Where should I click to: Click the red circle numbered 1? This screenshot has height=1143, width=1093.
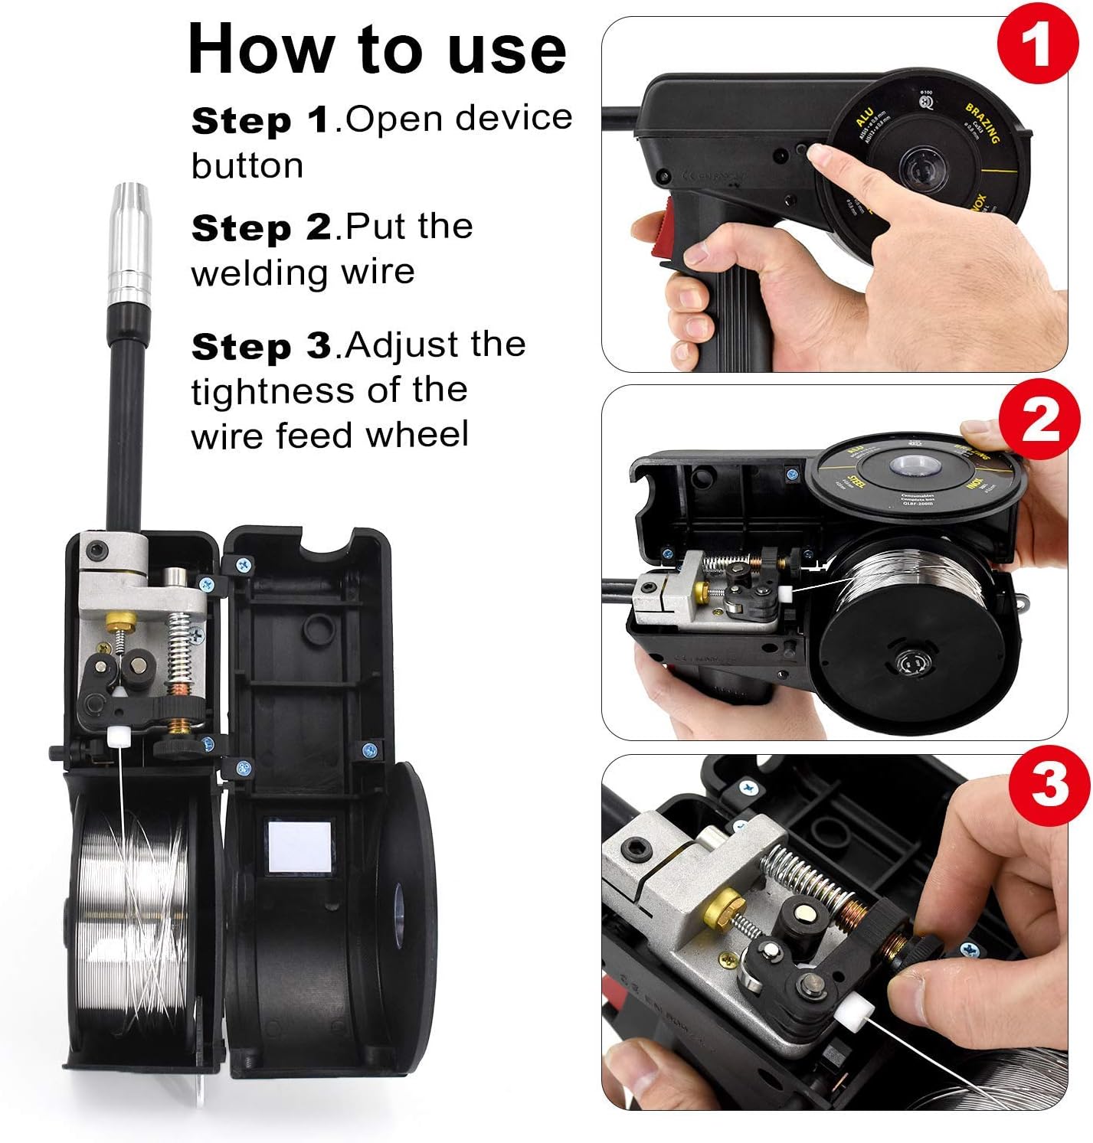(x=1038, y=43)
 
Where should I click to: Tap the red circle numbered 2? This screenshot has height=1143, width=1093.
(x=1039, y=420)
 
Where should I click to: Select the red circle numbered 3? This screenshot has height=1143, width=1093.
(x=1049, y=784)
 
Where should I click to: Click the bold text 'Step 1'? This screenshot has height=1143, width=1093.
(x=260, y=120)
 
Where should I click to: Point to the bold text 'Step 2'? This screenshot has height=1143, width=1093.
(x=261, y=227)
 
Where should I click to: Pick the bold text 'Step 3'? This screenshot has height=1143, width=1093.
(x=261, y=346)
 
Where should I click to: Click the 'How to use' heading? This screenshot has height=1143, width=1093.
(x=377, y=49)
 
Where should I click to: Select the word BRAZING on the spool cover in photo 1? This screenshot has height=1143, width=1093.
(x=982, y=123)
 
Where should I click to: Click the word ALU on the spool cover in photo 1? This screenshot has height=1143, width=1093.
(x=864, y=119)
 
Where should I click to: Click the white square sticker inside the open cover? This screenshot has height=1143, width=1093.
(x=301, y=845)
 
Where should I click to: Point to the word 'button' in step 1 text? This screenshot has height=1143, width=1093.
(x=247, y=166)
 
